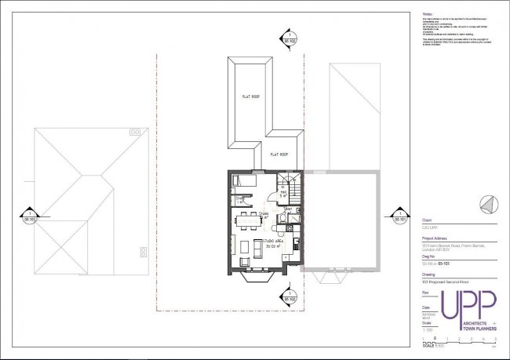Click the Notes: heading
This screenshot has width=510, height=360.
[428, 13]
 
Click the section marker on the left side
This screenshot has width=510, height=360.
[28, 216]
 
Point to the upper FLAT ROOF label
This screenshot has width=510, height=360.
[250, 97]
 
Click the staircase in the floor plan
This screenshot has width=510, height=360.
[292, 187]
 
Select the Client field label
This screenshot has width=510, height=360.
[427, 221]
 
